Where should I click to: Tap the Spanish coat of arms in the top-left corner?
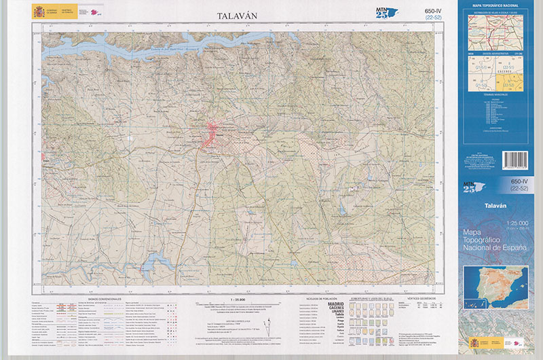click(38, 12)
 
